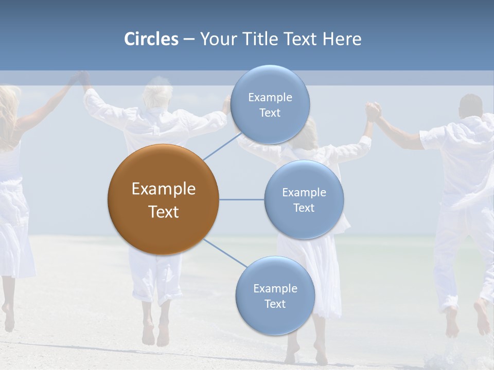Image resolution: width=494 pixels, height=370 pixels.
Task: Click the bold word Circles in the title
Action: (x=151, y=39)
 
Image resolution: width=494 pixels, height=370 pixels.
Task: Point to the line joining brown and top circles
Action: (x=221, y=146)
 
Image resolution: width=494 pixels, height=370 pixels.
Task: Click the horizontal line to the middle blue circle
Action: (x=241, y=199)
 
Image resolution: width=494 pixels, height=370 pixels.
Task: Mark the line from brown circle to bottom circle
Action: (x=225, y=253)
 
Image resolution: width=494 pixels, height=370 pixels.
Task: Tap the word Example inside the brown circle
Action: (x=164, y=189)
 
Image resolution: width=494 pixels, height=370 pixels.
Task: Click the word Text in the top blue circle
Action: (x=270, y=113)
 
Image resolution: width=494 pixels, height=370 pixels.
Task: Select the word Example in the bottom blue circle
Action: (x=275, y=288)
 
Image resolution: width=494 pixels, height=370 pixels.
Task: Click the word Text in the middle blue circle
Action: (x=304, y=208)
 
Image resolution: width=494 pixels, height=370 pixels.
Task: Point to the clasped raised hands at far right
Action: (x=373, y=110)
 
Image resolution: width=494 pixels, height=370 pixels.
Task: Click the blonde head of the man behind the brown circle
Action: (x=157, y=96)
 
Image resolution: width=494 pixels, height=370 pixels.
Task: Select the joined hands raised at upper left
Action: (x=80, y=78)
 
